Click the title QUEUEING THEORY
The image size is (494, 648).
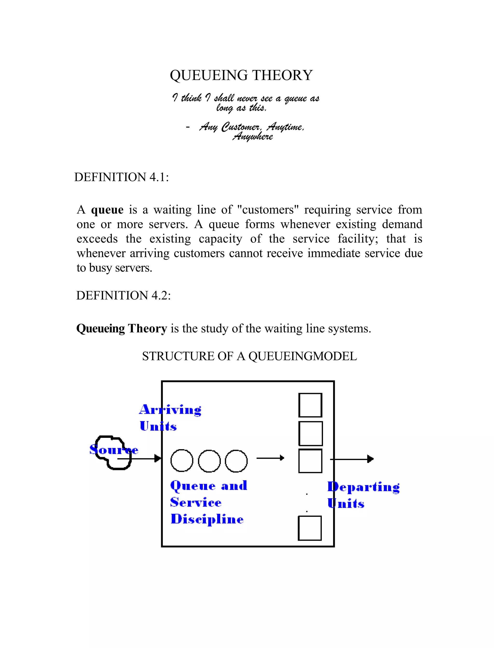241,75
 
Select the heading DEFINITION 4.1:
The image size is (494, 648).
121,177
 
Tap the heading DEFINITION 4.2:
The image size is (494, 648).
123,296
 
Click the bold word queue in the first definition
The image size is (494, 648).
107,210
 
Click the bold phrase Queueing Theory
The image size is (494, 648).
121,328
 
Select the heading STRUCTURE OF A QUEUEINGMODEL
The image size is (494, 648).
249,356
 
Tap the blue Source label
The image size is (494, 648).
114,450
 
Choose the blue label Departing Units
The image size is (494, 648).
363,495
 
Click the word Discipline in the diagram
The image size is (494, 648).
207,519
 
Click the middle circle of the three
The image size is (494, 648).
209,461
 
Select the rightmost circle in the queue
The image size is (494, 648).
236,461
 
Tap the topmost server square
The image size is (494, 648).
310,405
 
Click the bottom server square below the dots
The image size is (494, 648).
310,528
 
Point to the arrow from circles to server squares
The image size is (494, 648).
270,458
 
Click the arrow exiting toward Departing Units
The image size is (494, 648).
352,459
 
